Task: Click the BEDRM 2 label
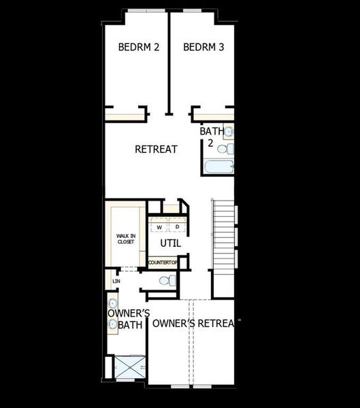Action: [138, 48]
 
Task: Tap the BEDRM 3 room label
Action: [203, 48]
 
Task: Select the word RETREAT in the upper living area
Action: [156, 149]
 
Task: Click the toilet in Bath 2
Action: [230, 148]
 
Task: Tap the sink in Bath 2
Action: [229, 131]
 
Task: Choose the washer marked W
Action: [159, 226]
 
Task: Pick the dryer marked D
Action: [177, 226]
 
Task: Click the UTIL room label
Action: [170, 243]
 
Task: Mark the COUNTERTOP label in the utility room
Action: [163, 262]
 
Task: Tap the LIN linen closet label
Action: [116, 280]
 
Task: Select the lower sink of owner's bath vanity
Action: [113, 324]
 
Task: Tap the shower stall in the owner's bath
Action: [129, 367]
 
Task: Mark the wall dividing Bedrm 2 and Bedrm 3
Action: [169, 61]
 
